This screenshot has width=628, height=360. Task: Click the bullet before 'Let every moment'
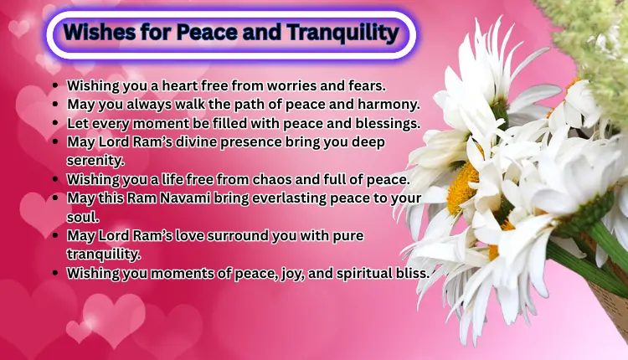click(x=55, y=123)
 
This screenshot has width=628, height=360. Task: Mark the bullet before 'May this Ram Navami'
click(x=55, y=198)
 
